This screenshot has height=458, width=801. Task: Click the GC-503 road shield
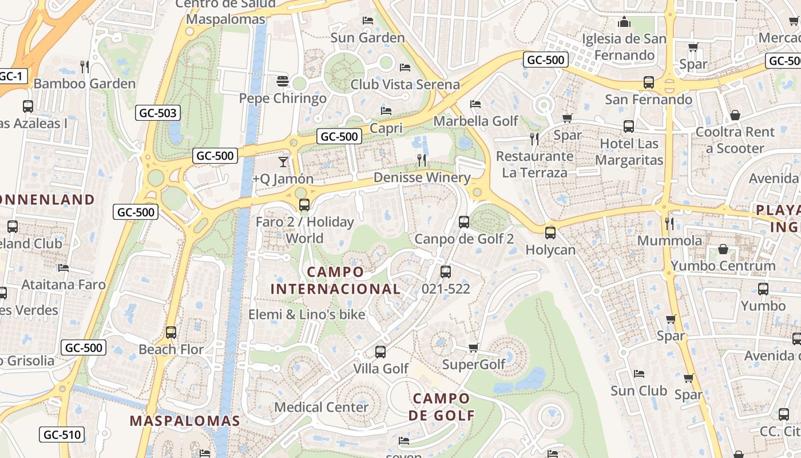click(158, 113)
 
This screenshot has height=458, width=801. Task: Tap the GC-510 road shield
click(62, 435)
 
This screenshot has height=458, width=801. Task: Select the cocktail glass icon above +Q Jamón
click(283, 162)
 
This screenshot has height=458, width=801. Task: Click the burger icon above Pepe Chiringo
click(282, 81)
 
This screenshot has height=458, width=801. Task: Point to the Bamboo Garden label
click(85, 84)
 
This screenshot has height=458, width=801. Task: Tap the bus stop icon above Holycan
click(550, 233)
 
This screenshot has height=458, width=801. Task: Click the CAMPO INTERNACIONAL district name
click(335, 280)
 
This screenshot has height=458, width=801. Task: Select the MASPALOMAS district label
click(185, 421)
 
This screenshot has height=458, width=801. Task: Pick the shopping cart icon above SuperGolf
click(473, 348)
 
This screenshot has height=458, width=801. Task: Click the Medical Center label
click(322, 407)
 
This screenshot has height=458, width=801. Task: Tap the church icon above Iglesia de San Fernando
click(624, 22)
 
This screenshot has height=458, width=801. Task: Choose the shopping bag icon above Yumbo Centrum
click(723, 249)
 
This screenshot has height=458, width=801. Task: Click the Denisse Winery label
click(422, 177)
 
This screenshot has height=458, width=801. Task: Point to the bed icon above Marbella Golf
click(475, 104)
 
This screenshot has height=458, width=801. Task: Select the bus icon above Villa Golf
click(380, 352)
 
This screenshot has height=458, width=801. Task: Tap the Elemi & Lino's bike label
click(307, 314)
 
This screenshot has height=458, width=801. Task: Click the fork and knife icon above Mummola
click(669, 223)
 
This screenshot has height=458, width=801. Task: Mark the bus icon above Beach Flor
click(170, 333)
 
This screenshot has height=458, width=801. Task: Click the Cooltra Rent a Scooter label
click(735, 140)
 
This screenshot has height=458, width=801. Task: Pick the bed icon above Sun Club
click(639, 374)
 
